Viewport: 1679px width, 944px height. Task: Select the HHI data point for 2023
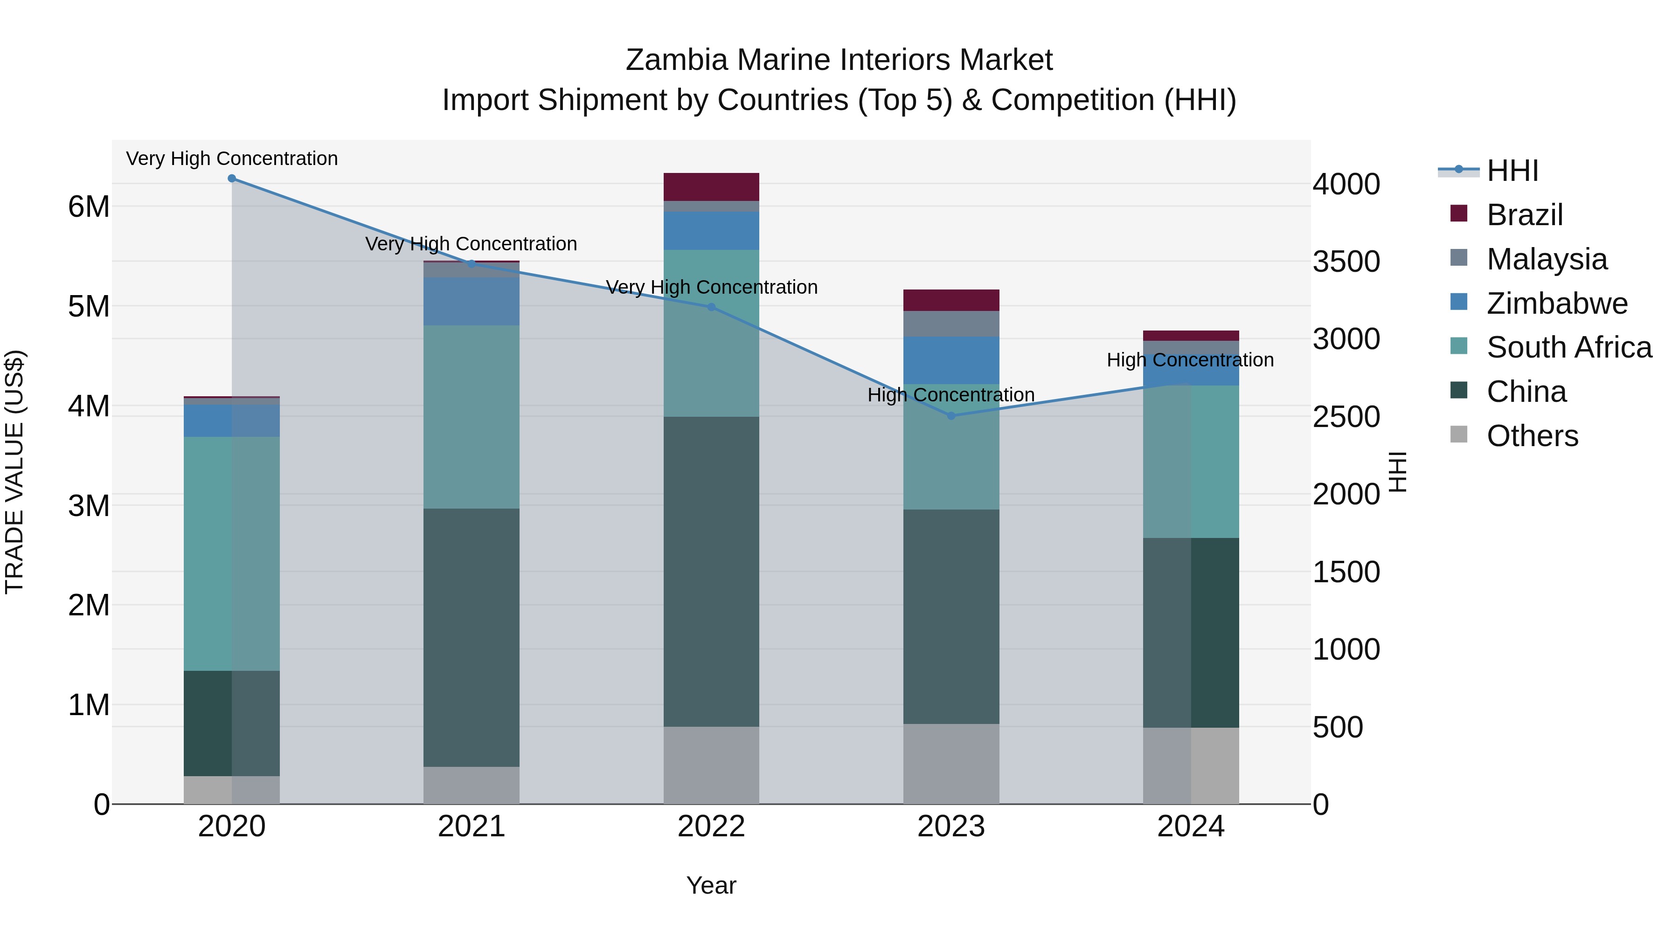pos(951,416)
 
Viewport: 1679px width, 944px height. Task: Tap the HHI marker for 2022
pos(711,307)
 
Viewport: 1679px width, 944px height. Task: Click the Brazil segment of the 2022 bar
pos(711,187)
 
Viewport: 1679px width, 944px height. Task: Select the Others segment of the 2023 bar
pos(951,764)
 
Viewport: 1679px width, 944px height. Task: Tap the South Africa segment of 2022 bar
pos(711,333)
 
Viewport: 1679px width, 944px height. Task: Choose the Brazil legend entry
pos(1524,215)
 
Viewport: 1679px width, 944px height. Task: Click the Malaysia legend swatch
pos(1459,258)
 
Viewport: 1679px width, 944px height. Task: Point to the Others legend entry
pos(1532,436)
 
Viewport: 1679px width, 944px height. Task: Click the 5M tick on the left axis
pos(89,306)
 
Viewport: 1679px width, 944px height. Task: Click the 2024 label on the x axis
pos(1191,827)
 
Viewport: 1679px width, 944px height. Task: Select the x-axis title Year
pos(711,885)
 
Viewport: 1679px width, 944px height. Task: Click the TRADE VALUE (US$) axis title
pos(14,472)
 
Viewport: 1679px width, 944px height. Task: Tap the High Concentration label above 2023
pos(951,395)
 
